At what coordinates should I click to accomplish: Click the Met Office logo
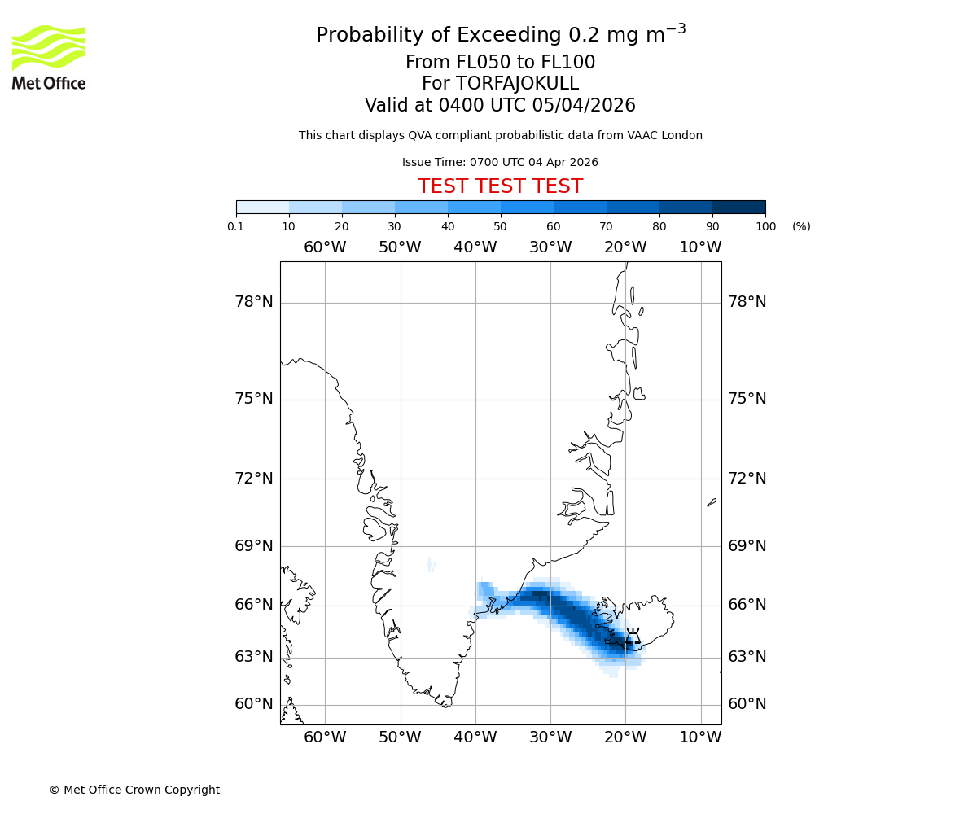(x=49, y=57)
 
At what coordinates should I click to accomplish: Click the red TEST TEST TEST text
(x=500, y=186)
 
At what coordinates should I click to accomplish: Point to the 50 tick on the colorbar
(x=501, y=226)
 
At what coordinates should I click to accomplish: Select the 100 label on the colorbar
(x=765, y=226)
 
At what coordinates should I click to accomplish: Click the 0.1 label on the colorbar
(x=236, y=226)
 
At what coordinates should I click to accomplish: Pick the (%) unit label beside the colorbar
(x=801, y=226)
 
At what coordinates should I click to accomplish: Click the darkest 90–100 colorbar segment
(x=738, y=207)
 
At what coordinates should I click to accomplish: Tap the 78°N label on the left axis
(x=254, y=302)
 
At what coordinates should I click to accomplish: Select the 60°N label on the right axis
(x=747, y=704)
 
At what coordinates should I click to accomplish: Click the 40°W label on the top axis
(x=475, y=247)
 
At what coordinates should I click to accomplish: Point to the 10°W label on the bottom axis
(x=700, y=737)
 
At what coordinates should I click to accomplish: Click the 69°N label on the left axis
(x=254, y=545)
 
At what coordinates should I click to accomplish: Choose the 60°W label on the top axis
(x=325, y=247)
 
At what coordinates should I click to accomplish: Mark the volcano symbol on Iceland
(x=633, y=638)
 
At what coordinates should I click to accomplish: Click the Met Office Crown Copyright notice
(x=134, y=790)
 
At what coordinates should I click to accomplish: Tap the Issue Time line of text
(x=500, y=162)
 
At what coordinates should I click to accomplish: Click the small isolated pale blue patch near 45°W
(x=431, y=565)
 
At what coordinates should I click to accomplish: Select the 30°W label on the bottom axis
(x=550, y=737)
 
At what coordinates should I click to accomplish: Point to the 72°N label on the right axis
(x=747, y=478)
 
